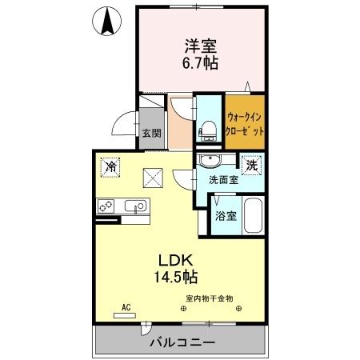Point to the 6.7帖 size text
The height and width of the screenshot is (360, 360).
coord(200,62)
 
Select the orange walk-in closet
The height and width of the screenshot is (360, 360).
coord(245,122)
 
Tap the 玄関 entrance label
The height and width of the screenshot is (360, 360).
coord(151,133)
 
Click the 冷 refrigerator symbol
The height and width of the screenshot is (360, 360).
coord(110,167)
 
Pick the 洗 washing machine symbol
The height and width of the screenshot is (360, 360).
coord(251,166)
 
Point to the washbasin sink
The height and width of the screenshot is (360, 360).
coord(209,159)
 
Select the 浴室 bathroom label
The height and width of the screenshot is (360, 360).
coord(224,216)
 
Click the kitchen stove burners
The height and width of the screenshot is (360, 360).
coord(107,206)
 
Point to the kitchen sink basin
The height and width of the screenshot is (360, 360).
coord(138,206)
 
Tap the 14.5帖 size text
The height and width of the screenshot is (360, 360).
coord(177,278)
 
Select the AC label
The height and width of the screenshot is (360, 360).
coord(126,306)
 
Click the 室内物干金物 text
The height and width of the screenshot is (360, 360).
coord(210,298)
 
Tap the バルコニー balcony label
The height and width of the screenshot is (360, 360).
coord(182,342)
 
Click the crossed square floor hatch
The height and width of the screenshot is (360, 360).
coord(152,177)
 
